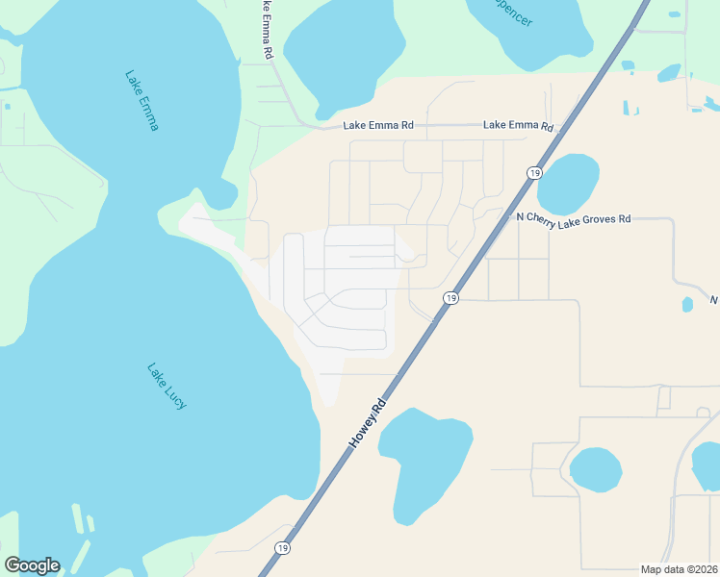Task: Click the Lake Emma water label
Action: [x=141, y=100]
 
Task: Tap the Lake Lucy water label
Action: [x=166, y=386]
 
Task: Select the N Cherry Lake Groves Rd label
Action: [x=573, y=218]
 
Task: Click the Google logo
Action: [x=32, y=565]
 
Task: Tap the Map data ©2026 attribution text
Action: [x=679, y=569]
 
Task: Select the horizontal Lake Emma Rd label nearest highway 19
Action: [x=518, y=125]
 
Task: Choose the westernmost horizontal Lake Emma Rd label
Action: [x=378, y=125]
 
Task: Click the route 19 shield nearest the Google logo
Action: [x=282, y=548]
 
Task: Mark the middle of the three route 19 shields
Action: [x=450, y=299]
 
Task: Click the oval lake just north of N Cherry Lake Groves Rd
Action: [x=568, y=183]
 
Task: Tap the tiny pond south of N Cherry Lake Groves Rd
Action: [x=687, y=305]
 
